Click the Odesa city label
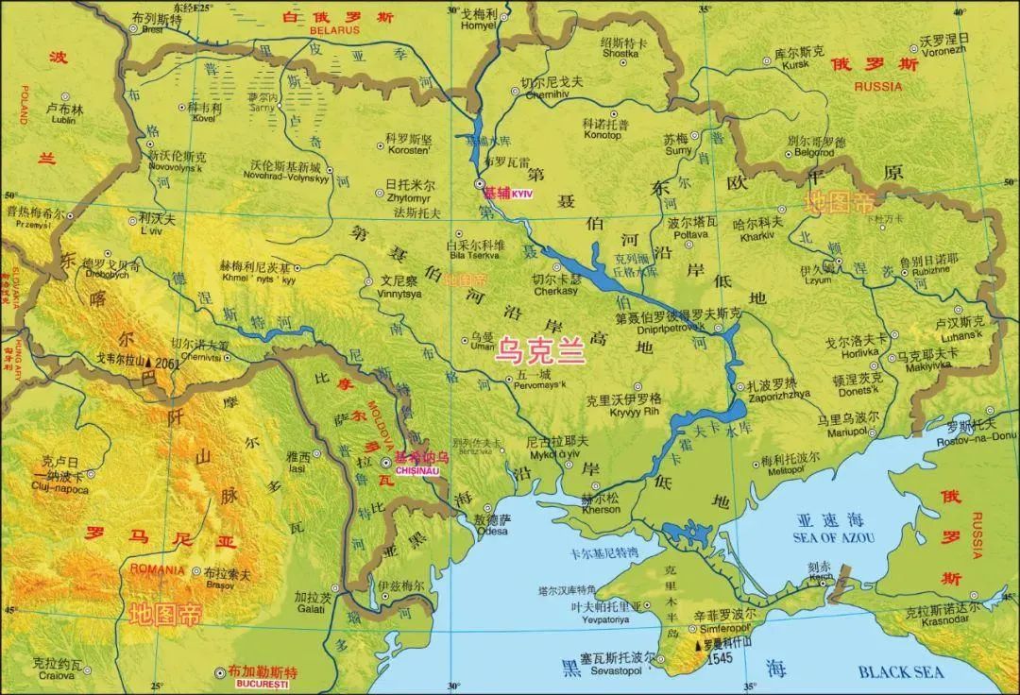(491, 532)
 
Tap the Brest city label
(152, 29)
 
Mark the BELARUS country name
(335, 30)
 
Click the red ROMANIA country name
(158, 569)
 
